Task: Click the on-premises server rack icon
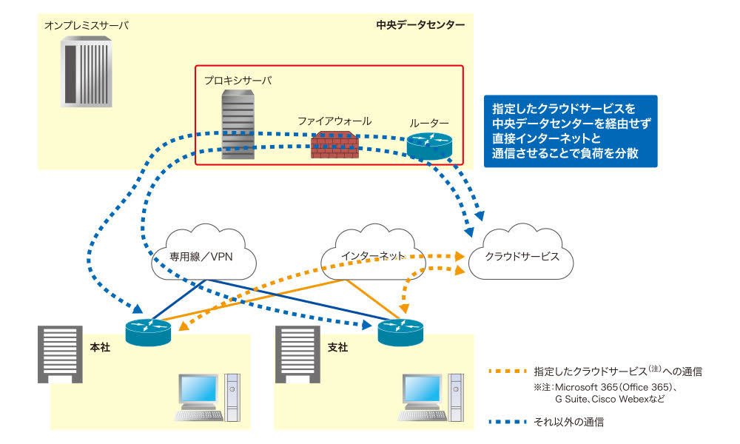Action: coord(87,73)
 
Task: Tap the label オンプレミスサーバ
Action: coord(87,25)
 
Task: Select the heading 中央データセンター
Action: coord(420,25)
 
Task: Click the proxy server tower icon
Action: coord(238,124)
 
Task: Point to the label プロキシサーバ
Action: coord(238,81)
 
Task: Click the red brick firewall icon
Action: coord(334,144)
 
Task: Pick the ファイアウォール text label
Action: coord(334,121)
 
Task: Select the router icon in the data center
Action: coord(429,146)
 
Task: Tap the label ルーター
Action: coord(429,124)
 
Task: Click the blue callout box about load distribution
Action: coord(571,131)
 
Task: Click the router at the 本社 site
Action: coord(148,332)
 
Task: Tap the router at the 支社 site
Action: coord(400,332)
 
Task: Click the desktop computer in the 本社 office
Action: coord(208,397)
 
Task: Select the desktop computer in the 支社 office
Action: coord(431,397)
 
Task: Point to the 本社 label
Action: coord(100,347)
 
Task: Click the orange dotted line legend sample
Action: coord(508,371)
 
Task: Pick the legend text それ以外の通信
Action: coord(568,422)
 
